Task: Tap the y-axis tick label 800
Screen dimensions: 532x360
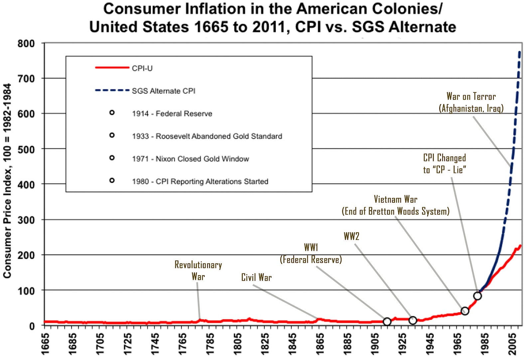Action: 26,44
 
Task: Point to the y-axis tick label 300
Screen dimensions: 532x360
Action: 26,220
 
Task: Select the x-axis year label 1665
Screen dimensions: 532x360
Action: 45,344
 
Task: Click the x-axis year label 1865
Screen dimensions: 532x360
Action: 320,344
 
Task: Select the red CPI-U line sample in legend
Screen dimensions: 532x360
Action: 112,68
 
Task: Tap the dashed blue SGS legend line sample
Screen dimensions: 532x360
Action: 112,90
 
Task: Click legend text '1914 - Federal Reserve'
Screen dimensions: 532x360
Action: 172,113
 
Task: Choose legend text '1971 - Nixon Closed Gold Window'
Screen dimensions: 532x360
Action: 191,159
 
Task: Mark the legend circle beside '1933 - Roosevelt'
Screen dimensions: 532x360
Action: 112,135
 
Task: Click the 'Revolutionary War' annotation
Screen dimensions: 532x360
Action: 198,270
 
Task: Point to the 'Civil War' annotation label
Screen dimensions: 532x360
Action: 256,277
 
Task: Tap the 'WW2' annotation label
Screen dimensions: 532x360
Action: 351,236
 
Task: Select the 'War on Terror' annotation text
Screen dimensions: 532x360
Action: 471,96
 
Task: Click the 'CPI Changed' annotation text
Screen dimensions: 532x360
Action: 445,158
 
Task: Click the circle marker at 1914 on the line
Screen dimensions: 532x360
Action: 387,321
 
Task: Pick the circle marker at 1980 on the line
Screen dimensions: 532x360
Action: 477,296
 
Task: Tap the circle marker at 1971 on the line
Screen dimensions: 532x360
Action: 465,311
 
